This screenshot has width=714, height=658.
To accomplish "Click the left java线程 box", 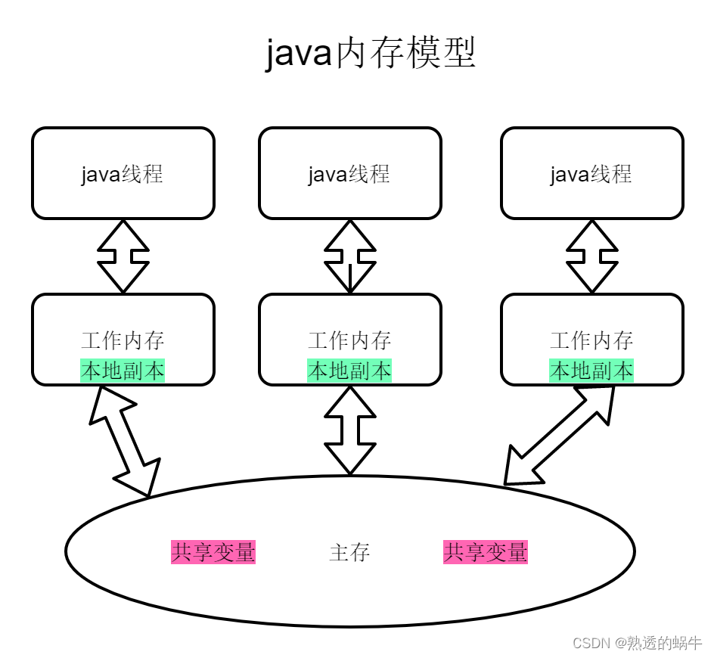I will (x=123, y=174).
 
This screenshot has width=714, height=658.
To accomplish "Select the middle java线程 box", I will (x=349, y=174).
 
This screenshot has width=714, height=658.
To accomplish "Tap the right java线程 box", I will (x=591, y=174).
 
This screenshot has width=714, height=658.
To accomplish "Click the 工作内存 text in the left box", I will (x=123, y=340).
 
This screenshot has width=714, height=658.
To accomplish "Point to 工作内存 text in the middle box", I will (x=349, y=340).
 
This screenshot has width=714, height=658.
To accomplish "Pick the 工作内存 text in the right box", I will (x=591, y=340).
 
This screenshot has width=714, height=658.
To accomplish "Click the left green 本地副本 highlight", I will (x=123, y=371).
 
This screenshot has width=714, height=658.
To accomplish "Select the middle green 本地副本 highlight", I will (x=349, y=371).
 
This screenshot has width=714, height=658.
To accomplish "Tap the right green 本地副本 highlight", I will (x=591, y=371).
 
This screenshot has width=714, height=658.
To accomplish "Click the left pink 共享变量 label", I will (x=213, y=552).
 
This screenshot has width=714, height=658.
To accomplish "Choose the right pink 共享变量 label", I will (x=486, y=552).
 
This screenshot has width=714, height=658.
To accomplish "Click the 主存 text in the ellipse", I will (x=349, y=552).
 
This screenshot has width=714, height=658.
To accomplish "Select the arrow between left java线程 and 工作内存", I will (x=123, y=256).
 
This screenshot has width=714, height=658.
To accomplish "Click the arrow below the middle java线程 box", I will (x=349, y=256).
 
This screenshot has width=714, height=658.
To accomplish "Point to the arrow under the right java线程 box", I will (x=591, y=256).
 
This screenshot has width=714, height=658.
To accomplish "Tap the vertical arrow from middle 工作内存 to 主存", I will (x=349, y=430).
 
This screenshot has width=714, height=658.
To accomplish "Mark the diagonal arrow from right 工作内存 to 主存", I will (x=560, y=435).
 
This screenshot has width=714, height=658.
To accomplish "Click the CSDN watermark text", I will (x=637, y=643).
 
